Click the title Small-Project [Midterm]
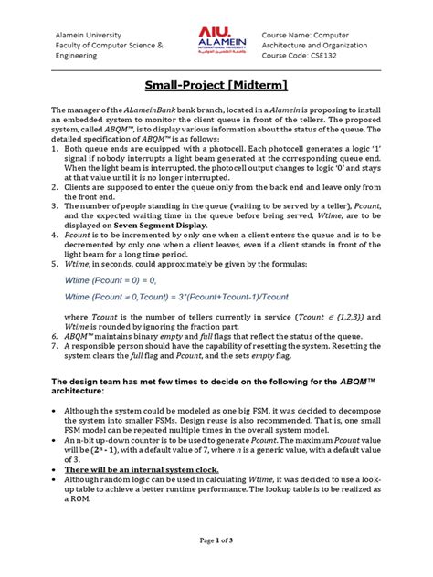pos(216,85)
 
